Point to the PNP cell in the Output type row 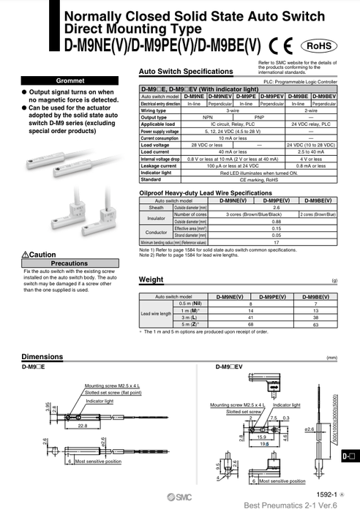click(x=259, y=117)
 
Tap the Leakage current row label click(x=158, y=165)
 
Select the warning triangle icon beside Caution click(x=26, y=254)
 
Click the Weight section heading click(x=151, y=279)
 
